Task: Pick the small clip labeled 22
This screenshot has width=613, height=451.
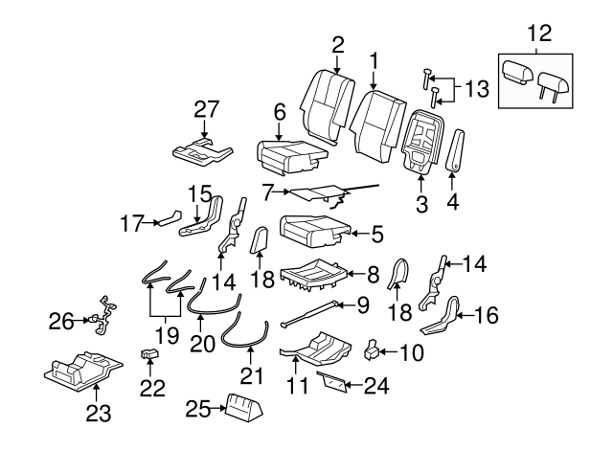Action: pyautogui.click(x=150, y=355)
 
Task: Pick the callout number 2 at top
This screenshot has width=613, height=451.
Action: pyautogui.click(x=337, y=44)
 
